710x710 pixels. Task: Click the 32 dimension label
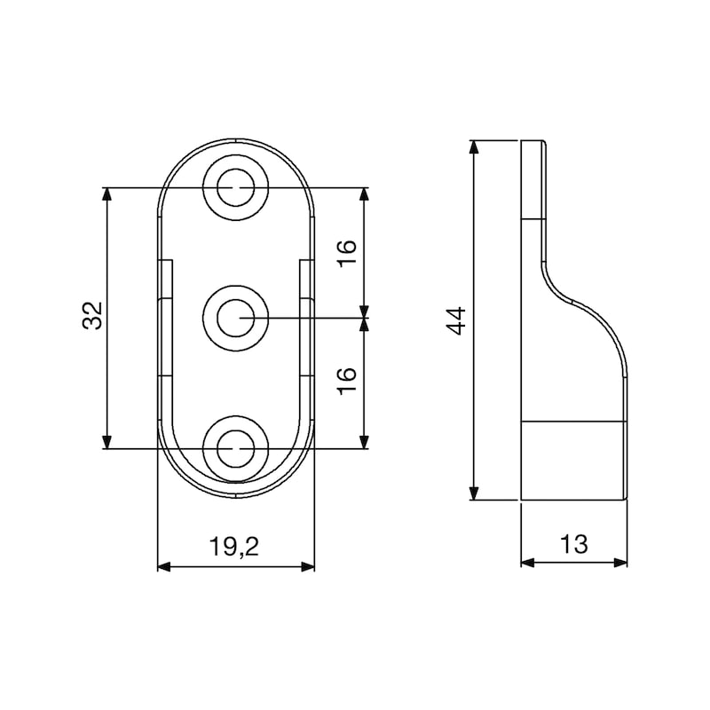point(92,315)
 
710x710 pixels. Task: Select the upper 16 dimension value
point(347,253)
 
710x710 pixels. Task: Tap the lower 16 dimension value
point(347,381)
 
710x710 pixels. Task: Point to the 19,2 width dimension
point(234,546)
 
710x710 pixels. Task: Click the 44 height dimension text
point(456,320)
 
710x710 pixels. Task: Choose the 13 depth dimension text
point(573,544)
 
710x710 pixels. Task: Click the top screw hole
point(235,187)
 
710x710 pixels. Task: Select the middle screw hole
point(235,318)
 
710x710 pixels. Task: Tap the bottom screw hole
point(235,448)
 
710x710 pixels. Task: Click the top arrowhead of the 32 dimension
point(106,194)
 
